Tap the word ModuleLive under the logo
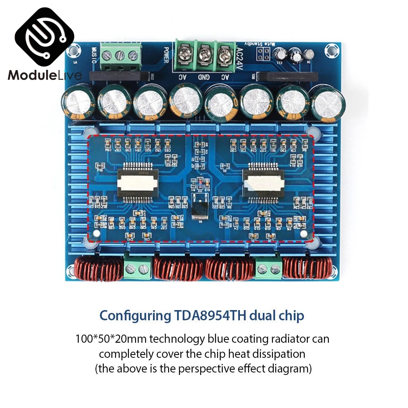click(44, 75)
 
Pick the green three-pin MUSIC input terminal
click(120, 57)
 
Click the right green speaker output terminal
click(268, 269)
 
